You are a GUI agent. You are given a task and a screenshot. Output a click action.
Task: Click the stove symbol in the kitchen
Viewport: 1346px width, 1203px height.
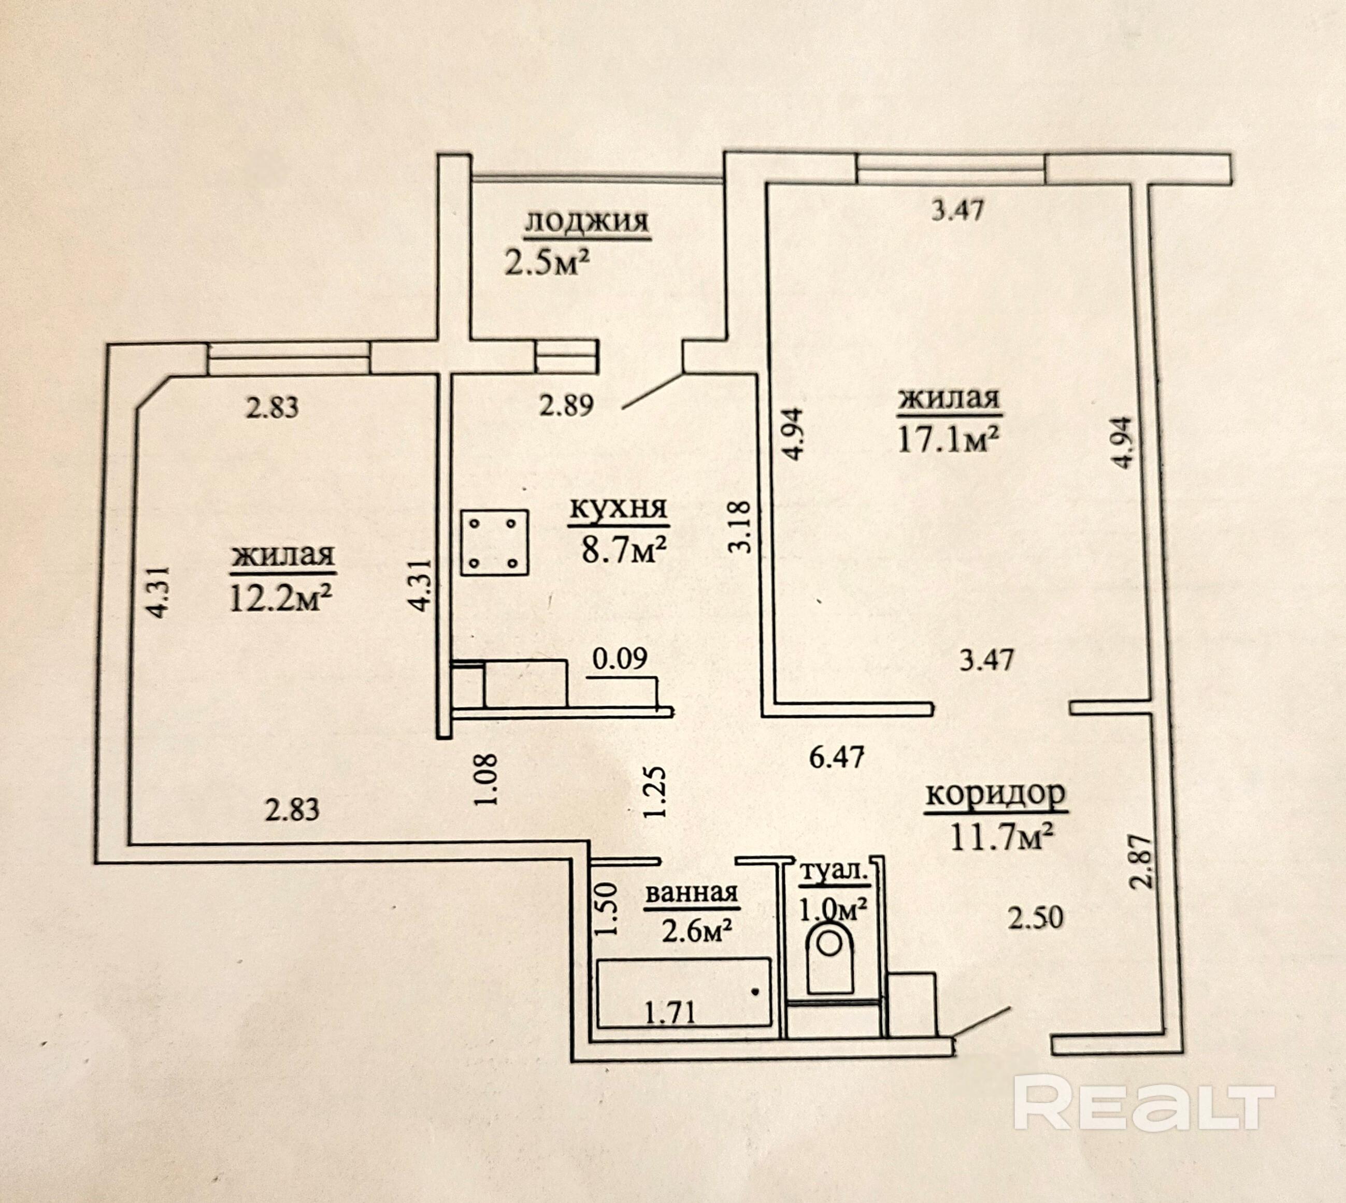tap(494, 542)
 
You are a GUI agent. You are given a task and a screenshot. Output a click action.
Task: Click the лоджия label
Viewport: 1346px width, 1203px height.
tap(586, 222)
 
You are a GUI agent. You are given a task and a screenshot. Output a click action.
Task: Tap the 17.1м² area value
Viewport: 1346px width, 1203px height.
tap(947, 439)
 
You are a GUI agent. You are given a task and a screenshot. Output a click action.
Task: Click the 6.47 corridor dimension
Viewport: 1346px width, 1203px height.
tap(837, 757)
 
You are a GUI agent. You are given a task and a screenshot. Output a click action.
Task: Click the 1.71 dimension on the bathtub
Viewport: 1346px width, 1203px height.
tap(670, 1012)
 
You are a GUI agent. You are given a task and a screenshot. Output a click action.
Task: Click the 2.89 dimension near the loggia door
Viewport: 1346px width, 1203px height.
tap(567, 404)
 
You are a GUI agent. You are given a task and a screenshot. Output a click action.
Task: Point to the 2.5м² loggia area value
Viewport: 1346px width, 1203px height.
tap(547, 263)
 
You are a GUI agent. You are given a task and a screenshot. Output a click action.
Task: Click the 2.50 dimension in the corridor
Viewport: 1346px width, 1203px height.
tap(1035, 918)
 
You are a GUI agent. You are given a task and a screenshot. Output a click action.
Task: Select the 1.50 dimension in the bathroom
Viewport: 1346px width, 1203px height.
tap(606, 909)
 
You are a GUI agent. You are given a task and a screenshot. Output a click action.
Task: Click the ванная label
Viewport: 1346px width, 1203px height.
tap(692, 893)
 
